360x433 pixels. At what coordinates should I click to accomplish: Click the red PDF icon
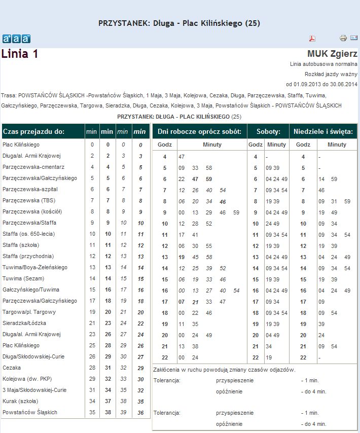[x=313, y=39]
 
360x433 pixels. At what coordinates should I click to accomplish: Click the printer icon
[x=343, y=38]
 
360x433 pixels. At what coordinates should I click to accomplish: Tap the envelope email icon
[x=354, y=38]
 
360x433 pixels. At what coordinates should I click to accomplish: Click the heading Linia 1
[x=20, y=54]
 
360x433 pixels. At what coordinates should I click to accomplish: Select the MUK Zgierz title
[x=332, y=54]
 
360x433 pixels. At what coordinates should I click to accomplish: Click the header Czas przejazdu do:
[x=33, y=131]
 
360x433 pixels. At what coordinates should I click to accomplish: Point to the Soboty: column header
[x=269, y=131]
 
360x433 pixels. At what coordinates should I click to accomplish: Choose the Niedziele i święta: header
[x=323, y=131]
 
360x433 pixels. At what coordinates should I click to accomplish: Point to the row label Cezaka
[x=12, y=368]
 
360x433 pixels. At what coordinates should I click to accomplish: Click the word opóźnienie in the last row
[x=229, y=423]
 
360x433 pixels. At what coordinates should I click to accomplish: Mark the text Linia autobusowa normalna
[x=323, y=64]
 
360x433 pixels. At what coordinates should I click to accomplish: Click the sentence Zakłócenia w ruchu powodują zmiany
[x=224, y=370]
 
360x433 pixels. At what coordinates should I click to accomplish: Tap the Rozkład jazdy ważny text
[x=335, y=74]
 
